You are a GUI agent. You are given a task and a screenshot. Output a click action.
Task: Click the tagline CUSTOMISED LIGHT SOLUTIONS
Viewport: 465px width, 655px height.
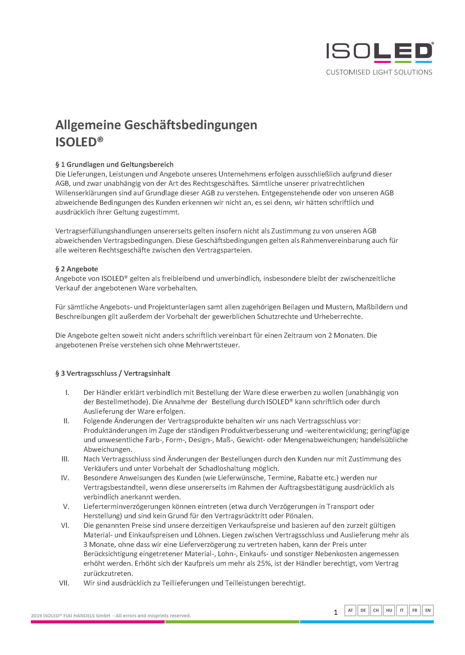click(x=379, y=72)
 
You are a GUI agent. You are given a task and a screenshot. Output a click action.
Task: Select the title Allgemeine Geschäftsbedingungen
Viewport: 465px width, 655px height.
click(x=156, y=125)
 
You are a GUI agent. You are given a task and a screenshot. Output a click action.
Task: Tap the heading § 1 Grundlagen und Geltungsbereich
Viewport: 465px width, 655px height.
click(x=114, y=165)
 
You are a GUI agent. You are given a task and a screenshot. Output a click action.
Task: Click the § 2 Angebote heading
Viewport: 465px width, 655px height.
click(x=76, y=269)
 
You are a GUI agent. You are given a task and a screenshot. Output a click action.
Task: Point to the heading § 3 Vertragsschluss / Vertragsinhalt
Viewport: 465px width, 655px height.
click(x=112, y=373)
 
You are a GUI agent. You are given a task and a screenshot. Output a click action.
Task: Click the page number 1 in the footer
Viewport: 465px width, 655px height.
click(x=336, y=612)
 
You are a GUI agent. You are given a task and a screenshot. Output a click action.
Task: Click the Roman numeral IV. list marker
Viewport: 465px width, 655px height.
click(x=65, y=478)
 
